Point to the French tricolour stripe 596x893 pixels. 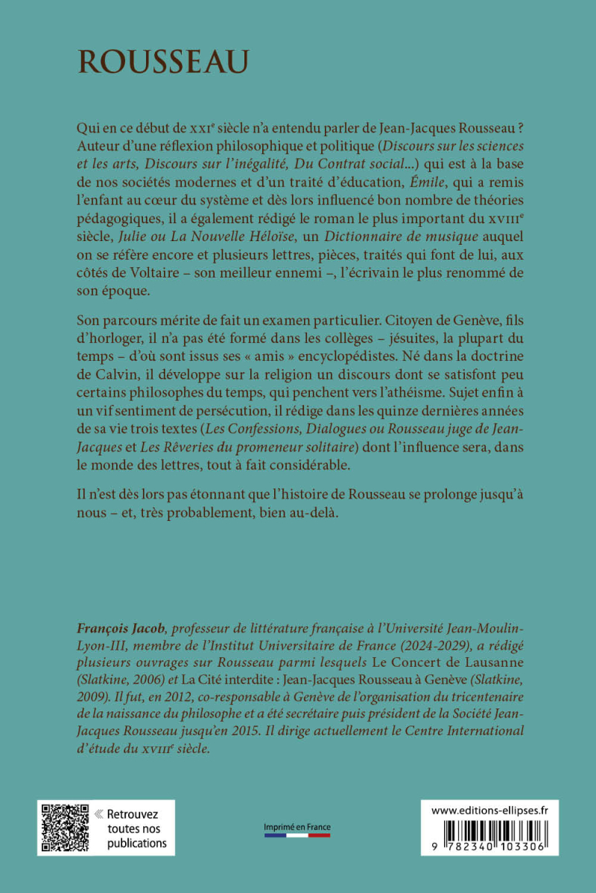tap(298, 836)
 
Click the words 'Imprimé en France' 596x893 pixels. tap(298, 827)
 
